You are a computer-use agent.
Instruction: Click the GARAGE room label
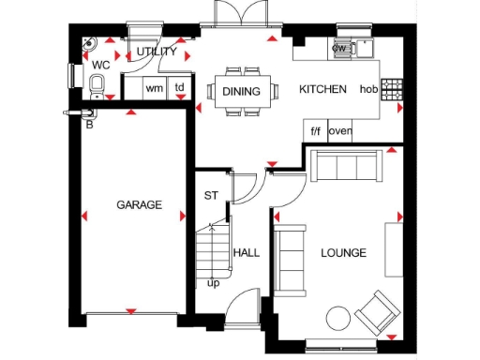[139, 204]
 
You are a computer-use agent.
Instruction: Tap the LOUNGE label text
[343, 253]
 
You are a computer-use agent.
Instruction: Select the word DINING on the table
[242, 91]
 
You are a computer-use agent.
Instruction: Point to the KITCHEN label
[322, 90]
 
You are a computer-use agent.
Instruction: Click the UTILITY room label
[157, 52]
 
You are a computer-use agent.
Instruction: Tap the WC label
[101, 65]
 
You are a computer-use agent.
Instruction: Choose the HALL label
[247, 253]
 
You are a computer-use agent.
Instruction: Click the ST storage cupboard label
[211, 197]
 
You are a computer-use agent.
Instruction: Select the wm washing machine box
[154, 88]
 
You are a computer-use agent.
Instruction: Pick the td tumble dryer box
[179, 88]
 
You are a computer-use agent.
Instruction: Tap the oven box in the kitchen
[339, 130]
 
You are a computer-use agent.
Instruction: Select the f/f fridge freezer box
[315, 130]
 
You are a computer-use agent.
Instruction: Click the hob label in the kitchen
[367, 90]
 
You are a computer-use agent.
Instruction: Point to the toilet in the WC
[97, 87]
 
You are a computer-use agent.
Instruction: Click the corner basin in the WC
[88, 43]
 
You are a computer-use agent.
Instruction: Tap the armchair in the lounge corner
[380, 312]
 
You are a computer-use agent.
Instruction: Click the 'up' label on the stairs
[214, 282]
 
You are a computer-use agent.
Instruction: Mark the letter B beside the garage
[89, 123]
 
